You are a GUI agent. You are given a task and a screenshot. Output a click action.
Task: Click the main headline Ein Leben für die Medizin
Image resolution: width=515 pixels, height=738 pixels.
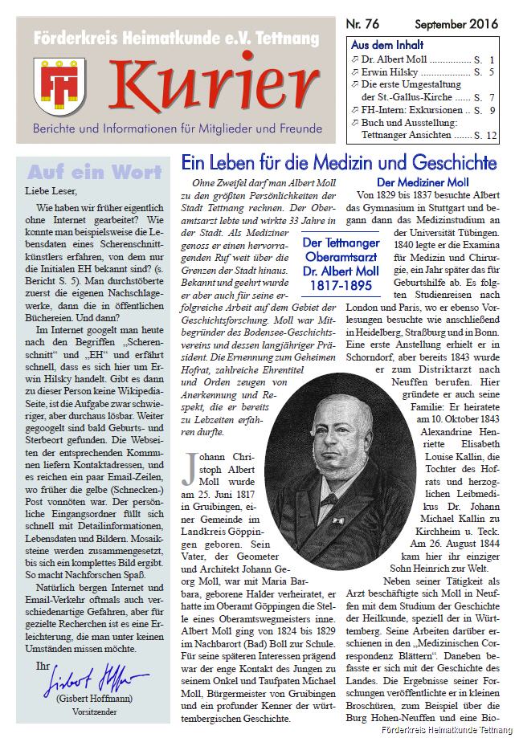click(338, 163)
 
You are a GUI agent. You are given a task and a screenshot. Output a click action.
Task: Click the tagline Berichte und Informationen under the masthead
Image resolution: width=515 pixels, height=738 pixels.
click(178, 128)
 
